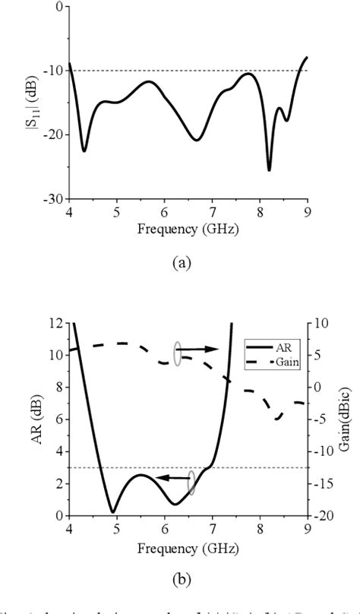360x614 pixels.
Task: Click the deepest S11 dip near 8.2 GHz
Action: [x=269, y=169]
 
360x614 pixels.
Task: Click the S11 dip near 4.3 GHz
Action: [x=84, y=150]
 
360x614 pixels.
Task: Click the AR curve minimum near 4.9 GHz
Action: [x=112, y=511]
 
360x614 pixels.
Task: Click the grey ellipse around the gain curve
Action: [x=177, y=353]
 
